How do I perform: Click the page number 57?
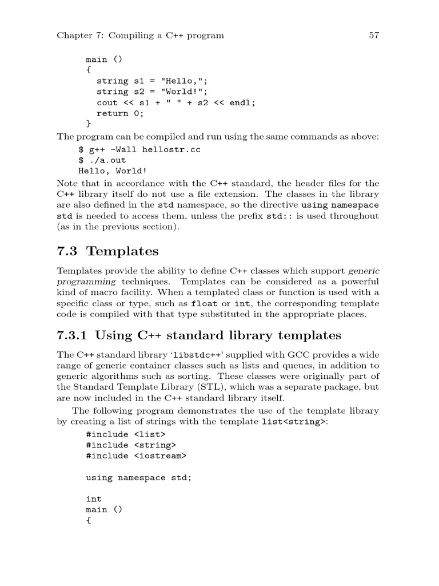tap(374, 35)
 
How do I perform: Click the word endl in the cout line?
tap(242, 102)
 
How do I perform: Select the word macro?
tap(95, 292)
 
